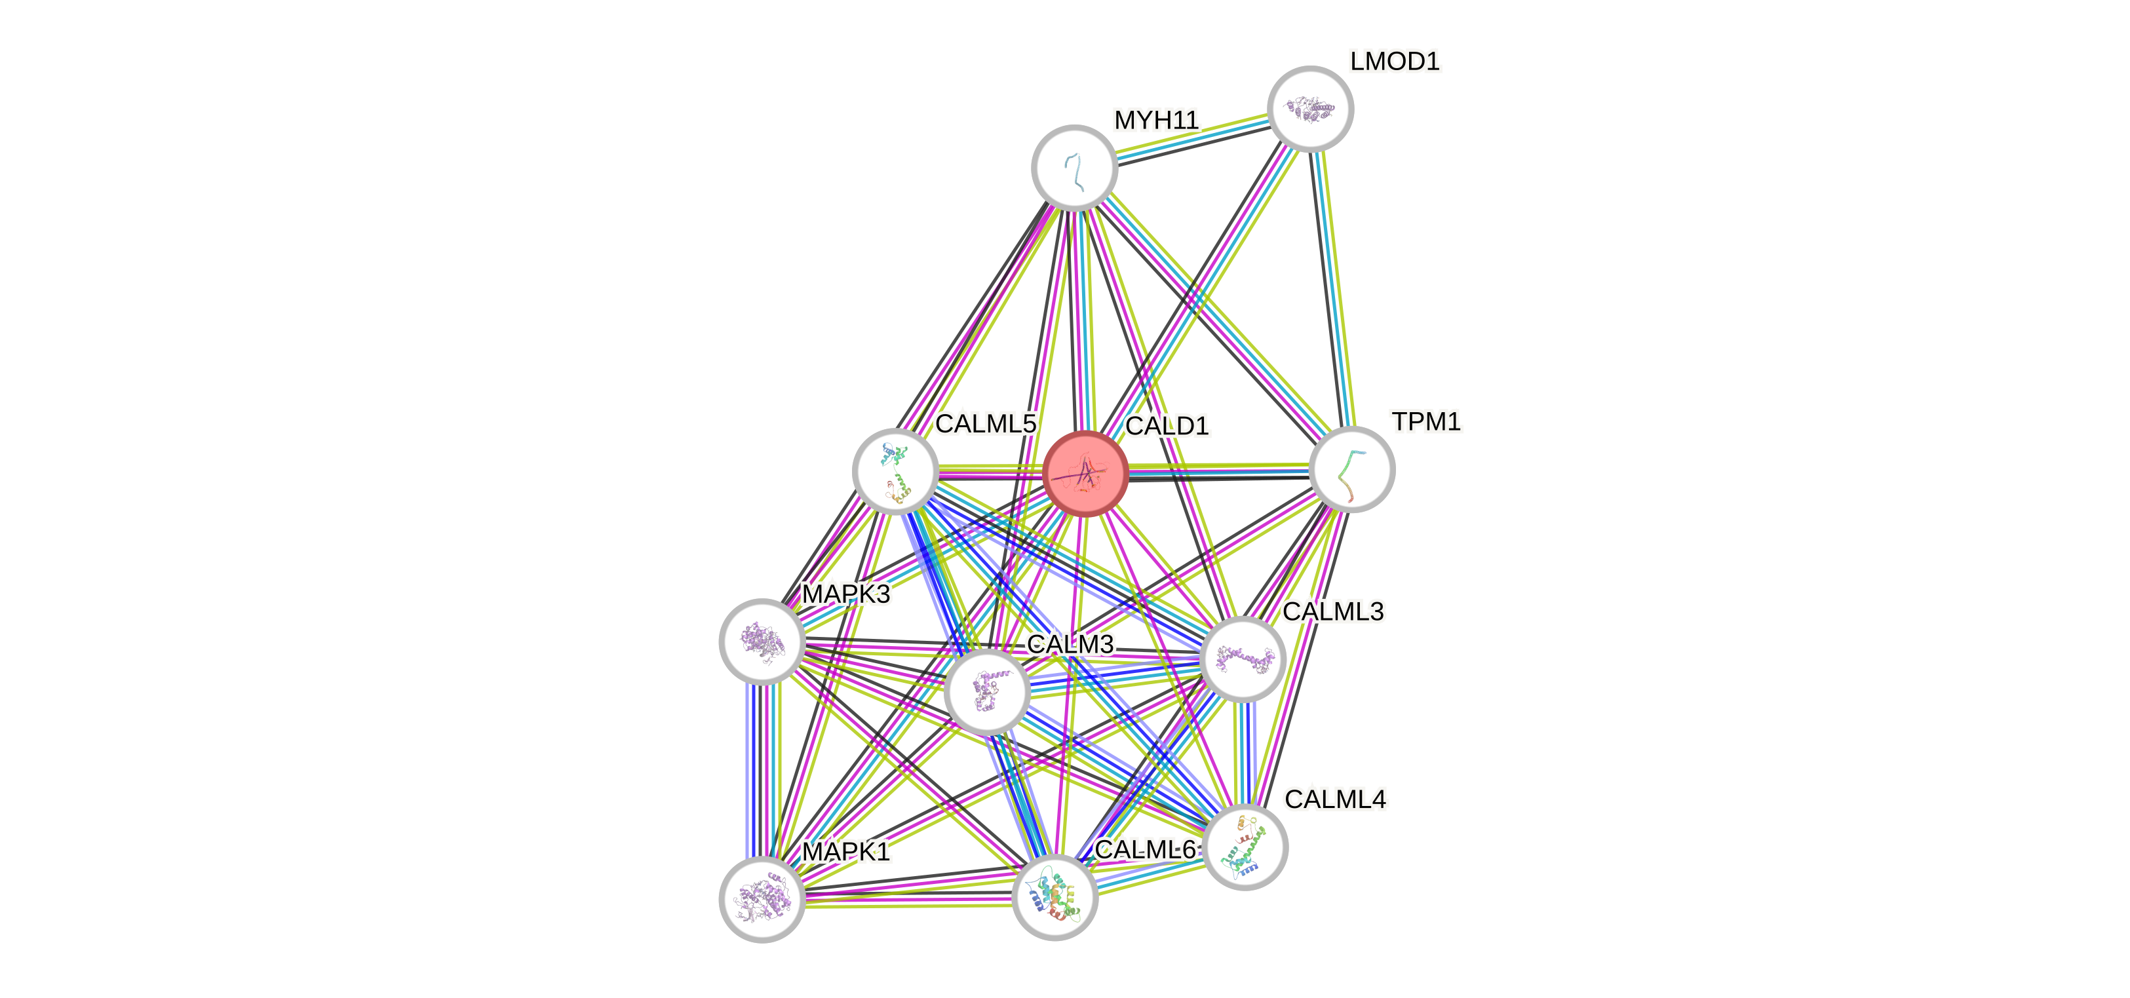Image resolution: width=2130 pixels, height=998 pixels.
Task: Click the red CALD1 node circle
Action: (x=1086, y=473)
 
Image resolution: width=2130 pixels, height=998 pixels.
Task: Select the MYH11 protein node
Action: (x=1074, y=167)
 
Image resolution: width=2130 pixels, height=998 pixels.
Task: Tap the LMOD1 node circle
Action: (x=1309, y=108)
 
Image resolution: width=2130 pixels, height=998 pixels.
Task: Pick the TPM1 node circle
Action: (x=1352, y=470)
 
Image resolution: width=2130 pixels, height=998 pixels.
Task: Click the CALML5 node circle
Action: (x=895, y=470)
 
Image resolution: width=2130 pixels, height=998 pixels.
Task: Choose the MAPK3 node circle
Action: (x=762, y=642)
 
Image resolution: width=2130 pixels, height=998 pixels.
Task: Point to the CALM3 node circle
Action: (x=986, y=691)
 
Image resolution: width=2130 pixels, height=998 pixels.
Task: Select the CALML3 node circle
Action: (x=1242, y=659)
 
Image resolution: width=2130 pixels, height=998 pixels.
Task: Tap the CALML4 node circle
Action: (x=1245, y=847)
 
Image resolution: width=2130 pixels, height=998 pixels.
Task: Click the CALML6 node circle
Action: (x=1055, y=897)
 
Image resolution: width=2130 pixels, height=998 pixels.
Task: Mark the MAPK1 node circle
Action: (x=762, y=900)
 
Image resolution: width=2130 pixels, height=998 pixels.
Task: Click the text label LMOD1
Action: (x=1395, y=60)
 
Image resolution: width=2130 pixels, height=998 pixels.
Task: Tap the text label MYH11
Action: (x=1156, y=120)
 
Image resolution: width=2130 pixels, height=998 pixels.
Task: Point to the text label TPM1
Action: (x=1426, y=422)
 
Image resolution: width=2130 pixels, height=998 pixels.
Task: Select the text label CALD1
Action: (x=1167, y=425)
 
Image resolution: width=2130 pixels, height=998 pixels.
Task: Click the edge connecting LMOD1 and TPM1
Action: (x=1331, y=290)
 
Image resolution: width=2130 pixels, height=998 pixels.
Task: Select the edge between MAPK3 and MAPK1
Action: (x=762, y=771)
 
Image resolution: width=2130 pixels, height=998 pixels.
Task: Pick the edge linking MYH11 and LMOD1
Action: (x=1191, y=138)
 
